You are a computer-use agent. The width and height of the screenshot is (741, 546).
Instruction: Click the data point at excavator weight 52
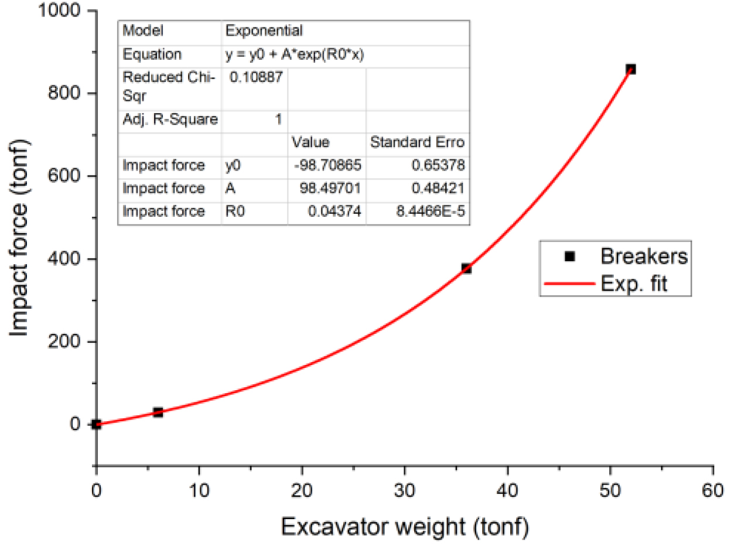point(630,69)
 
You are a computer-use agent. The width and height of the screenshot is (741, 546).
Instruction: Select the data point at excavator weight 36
point(466,268)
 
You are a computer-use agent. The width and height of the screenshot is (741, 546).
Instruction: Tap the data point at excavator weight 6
point(158,412)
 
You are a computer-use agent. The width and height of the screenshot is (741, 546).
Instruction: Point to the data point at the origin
point(97,424)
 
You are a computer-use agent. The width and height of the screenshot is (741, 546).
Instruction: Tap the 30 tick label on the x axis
point(404,488)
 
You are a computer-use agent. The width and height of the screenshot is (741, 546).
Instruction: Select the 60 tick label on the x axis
point(712,488)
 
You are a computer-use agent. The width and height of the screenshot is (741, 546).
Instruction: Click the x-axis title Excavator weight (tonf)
point(405,526)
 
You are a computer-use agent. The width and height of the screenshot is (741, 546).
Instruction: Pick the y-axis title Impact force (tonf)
point(21,238)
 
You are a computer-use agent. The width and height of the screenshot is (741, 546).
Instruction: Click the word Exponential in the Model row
point(265,30)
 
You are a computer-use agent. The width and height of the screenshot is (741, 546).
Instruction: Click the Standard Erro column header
point(418,142)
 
